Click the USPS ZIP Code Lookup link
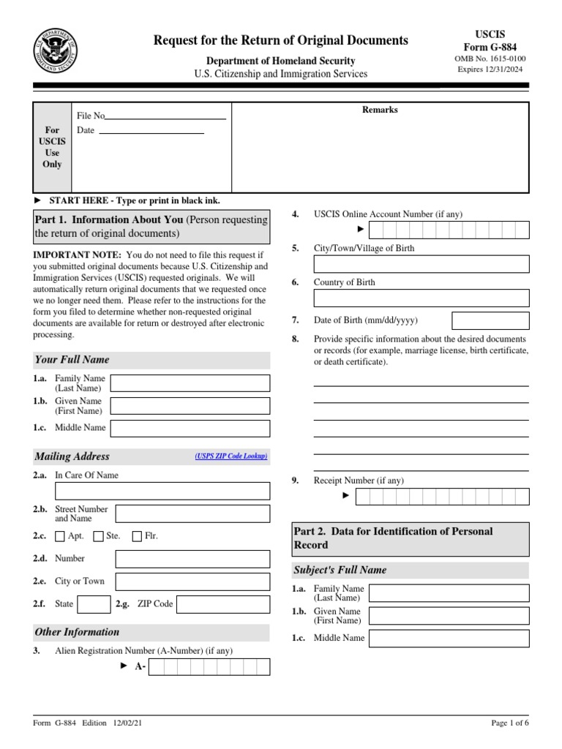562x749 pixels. [x=231, y=456]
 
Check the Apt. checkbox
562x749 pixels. [x=60, y=536]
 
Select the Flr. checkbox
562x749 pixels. [x=137, y=536]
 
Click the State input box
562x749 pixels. [x=94, y=604]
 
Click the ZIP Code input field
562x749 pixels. [x=223, y=604]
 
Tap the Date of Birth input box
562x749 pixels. [x=490, y=320]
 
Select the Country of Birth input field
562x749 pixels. [x=421, y=298]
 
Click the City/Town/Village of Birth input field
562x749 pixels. [x=421, y=264]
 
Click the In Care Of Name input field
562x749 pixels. [x=162, y=491]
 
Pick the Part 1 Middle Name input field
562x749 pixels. [x=190, y=428]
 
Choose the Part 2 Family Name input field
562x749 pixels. [x=449, y=592]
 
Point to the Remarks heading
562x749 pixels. [x=381, y=110]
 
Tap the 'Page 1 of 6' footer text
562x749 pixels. [x=509, y=723]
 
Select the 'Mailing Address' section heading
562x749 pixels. [x=72, y=456]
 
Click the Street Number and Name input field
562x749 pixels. [x=192, y=513]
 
